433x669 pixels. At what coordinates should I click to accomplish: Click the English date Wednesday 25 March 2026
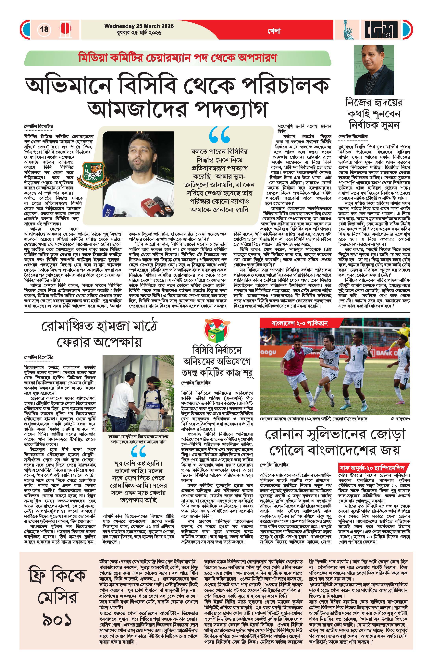coord(139,26)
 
